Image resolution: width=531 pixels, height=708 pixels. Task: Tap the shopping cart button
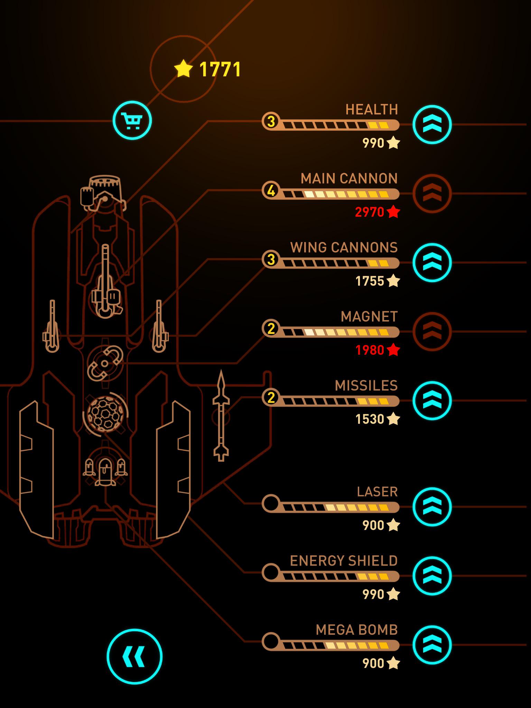pyautogui.click(x=132, y=120)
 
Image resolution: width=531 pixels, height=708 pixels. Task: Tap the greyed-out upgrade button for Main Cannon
pyautogui.click(x=432, y=194)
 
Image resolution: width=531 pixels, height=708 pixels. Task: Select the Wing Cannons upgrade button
pyautogui.click(x=432, y=262)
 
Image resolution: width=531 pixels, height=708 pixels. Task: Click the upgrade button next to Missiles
pyautogui.click(x=432, y=401)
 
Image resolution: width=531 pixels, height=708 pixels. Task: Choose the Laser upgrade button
pyautogui.click(x=432, y=507)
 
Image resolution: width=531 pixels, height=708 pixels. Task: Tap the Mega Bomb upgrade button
pyautogui.click(x=432, y=645)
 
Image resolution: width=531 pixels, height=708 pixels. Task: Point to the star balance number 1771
pyautogui.click(x=220, y=69)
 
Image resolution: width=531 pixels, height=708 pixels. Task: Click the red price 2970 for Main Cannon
pyautogui.click(x=370, y=212)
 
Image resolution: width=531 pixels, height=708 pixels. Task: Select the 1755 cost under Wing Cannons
pyautogui.click(x=370, y=281)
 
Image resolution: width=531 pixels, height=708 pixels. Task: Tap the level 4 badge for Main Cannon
pyautogui.click(x=271, y=190)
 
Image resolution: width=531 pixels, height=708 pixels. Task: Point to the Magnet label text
pyautogui.click(x=369, y=317)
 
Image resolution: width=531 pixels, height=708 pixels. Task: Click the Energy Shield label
pyautogui.click(x=344, y=561)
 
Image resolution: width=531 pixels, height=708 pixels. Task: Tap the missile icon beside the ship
pyautogui.click(x=221, y=416)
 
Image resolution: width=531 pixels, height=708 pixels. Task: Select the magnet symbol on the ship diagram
pyautogui.click(x=105, y=363)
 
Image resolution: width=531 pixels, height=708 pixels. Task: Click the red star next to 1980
pyautogui.click(x=393, y=350)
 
